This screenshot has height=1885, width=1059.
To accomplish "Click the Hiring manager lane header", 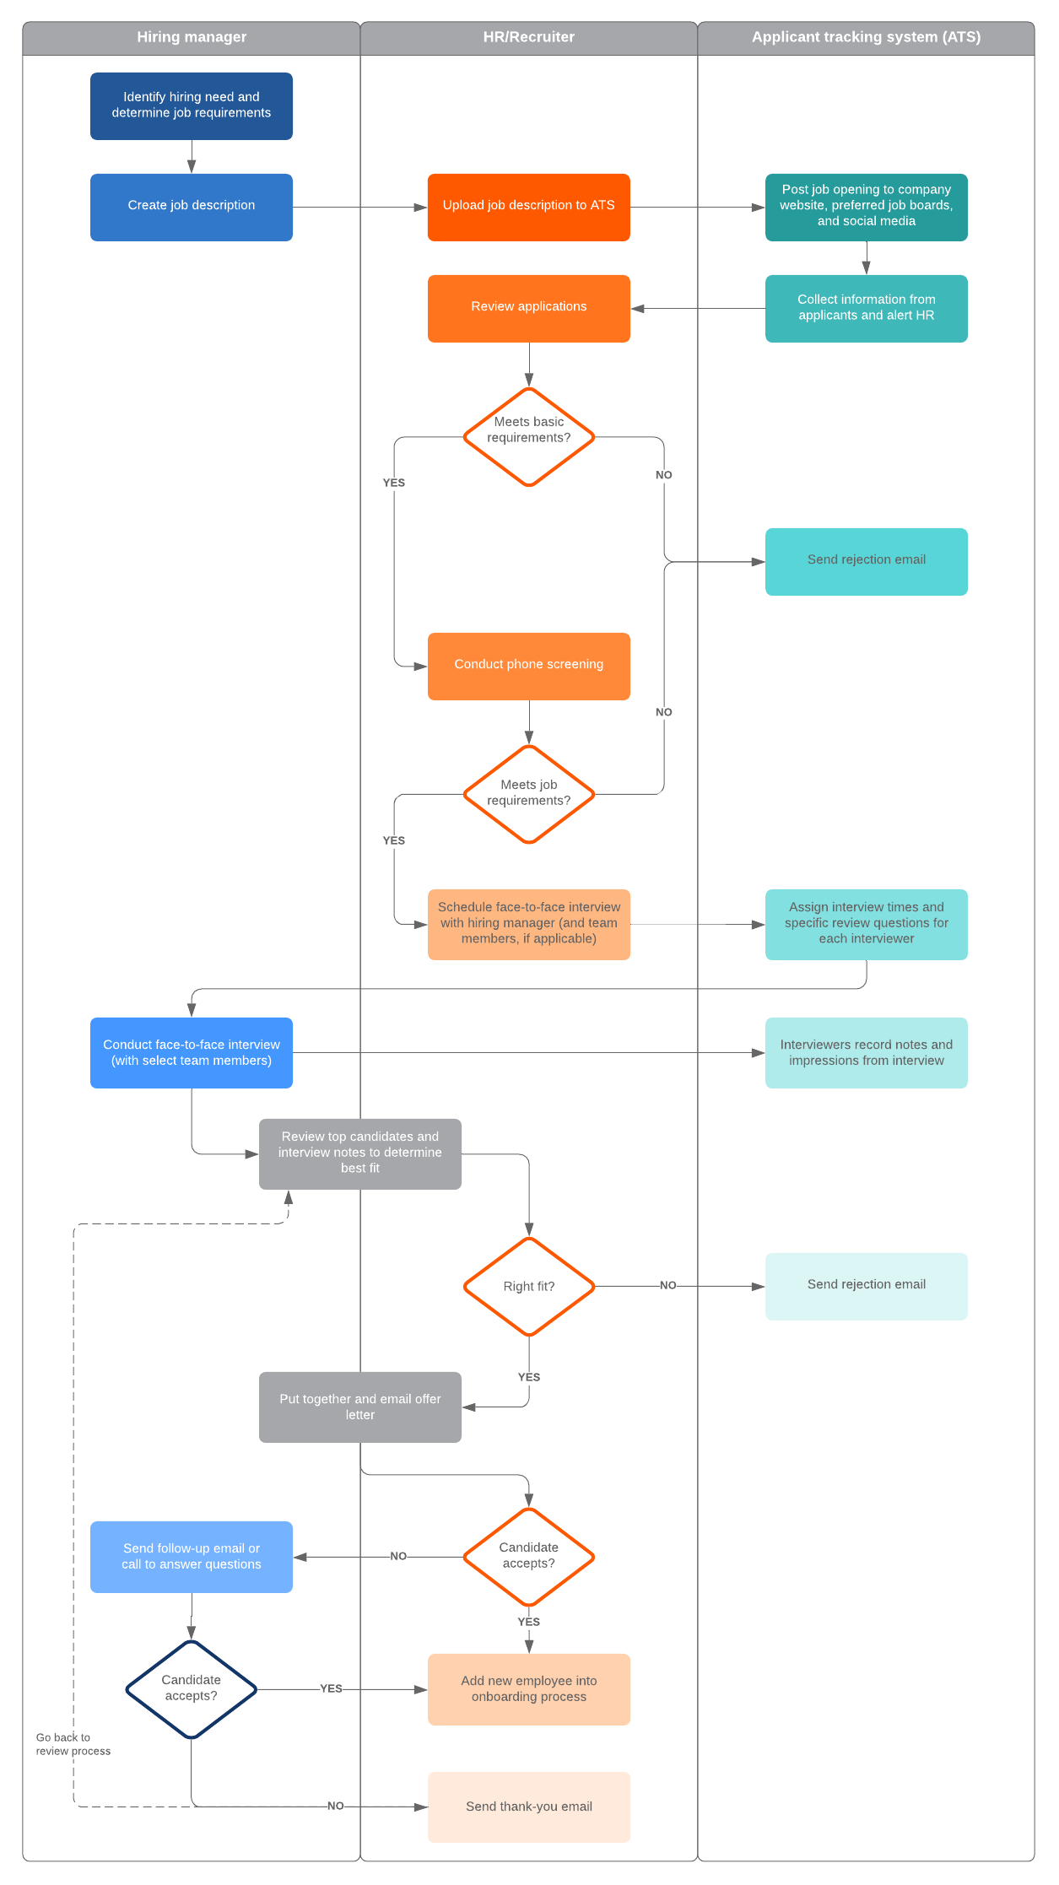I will [192, 37].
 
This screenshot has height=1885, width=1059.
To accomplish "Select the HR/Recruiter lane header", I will [528, 37].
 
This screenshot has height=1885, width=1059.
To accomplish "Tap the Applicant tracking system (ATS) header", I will [866, 37].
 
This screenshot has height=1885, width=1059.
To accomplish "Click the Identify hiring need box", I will [192, 105].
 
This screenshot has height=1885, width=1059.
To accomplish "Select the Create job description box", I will [192, 207].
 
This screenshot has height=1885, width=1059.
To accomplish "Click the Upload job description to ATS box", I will [528, 207].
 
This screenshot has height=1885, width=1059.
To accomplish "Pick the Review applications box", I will [528, 308].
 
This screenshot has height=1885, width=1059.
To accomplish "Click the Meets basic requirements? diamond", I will [528, 436].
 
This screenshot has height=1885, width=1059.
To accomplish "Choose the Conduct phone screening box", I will [528, 666].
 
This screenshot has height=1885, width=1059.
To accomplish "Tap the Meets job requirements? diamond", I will [528, 794].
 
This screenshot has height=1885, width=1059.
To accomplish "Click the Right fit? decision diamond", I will [528, 1286].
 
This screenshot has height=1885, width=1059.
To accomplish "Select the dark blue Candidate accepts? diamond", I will [192, 1688].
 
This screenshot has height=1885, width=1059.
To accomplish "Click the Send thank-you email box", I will [528, 1807].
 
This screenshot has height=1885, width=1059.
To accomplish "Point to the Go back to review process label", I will [73, 1744].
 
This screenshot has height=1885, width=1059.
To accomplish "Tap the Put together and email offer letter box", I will [360, 1407].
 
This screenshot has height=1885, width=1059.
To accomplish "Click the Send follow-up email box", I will [192, 1557].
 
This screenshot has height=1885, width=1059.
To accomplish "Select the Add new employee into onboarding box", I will [528, 1688].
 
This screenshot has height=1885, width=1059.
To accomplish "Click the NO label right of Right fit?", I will [667, 1285].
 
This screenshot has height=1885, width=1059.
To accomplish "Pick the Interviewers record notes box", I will [866, 1052].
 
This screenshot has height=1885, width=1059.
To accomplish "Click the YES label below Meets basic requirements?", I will [394, 483].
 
